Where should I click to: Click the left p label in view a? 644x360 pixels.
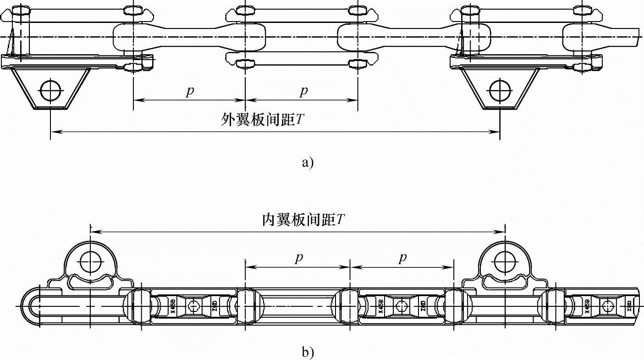point(190,92)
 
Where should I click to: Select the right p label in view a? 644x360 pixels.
point(303,92)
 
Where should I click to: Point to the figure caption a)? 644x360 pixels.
point(308,162)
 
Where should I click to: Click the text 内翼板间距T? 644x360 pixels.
point(303,220)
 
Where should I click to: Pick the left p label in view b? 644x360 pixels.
point(298,259)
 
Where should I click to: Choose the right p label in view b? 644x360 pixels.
point(402,259)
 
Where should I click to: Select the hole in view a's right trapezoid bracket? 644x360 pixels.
point(500,90)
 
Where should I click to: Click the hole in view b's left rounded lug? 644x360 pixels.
point(90,261)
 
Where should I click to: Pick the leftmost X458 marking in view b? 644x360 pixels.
point(173,305)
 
